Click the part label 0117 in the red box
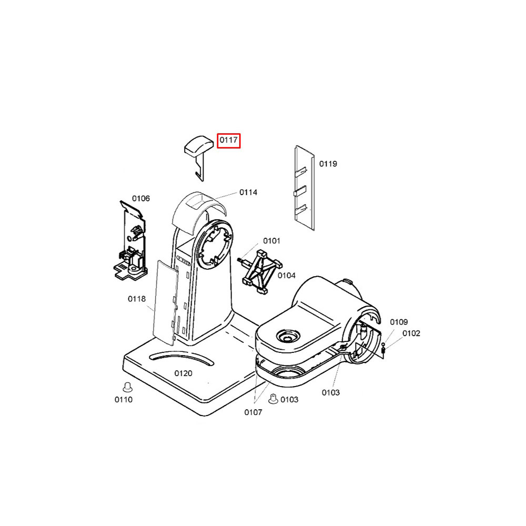coord(229,140)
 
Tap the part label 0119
coord(328,164)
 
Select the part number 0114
coord(248,192)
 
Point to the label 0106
coord(141,198)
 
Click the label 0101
coord(271,241)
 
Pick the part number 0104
coord(287,276)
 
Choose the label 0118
coord(137,299)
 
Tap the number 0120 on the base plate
coord(183,373)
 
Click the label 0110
coord(124,400)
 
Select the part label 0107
coord(254,412)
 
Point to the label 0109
coord(399,322)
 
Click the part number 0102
coord(411,333)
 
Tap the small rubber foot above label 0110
coord(127,387)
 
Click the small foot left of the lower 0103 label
coord(273,399)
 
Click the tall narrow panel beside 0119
coord(305,188)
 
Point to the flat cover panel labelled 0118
coord(165,302)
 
